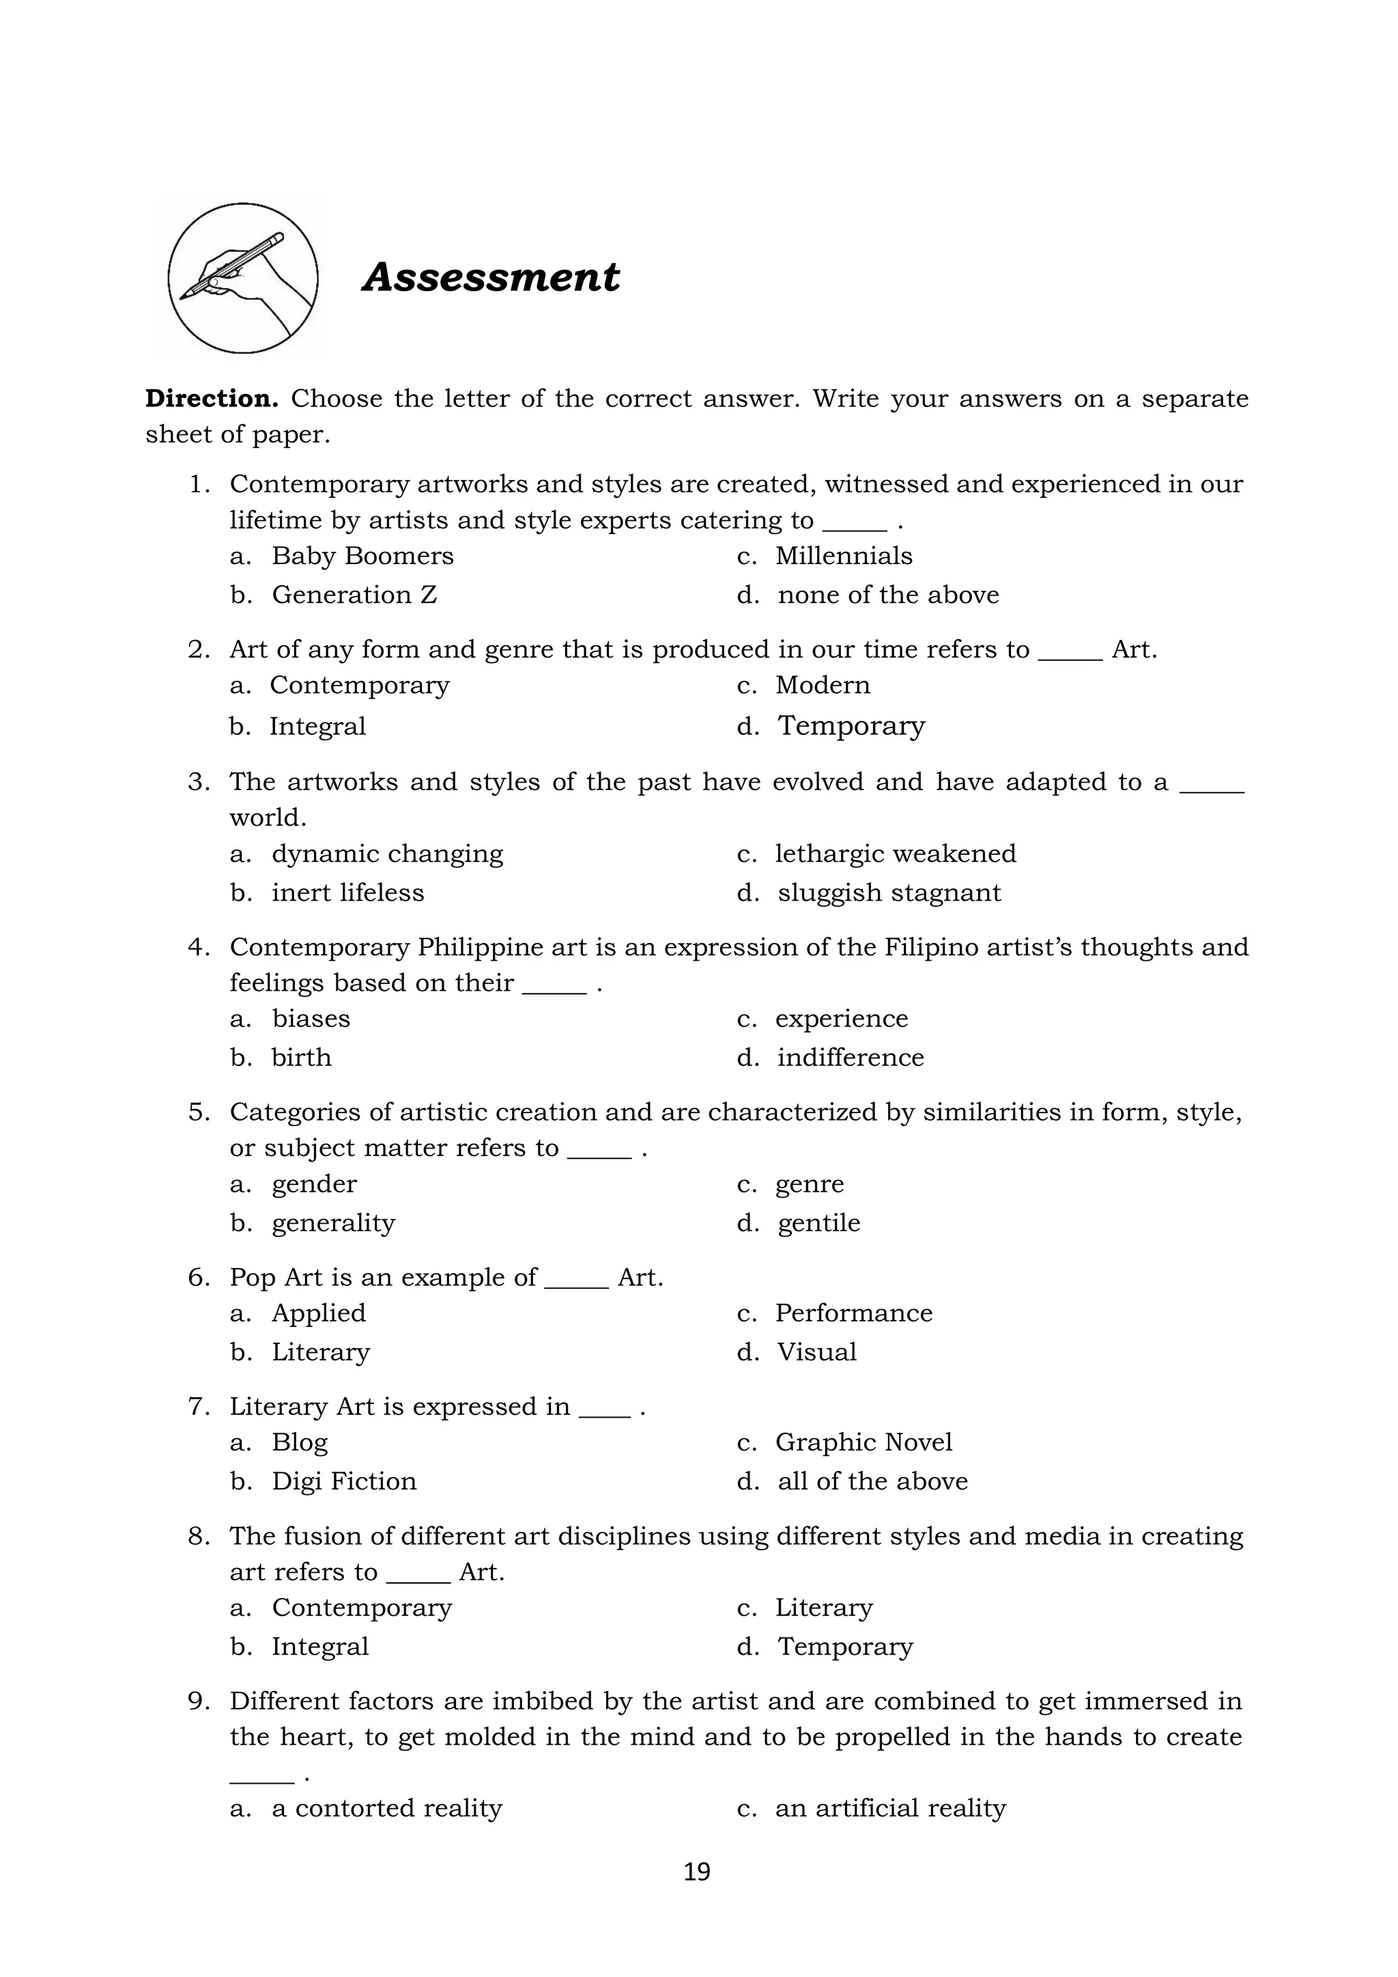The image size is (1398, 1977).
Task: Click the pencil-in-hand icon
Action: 243,277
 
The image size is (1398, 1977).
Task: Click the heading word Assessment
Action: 491,277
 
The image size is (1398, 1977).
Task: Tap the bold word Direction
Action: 212,399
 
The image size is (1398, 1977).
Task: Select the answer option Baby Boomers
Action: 362,555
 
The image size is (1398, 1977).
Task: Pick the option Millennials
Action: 843,555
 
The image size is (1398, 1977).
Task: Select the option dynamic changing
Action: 387,854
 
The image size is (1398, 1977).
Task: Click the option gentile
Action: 818,1222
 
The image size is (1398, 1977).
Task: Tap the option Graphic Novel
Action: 864,1442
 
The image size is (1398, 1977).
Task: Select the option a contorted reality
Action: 386,1808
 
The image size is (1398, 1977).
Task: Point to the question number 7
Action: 197,1406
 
